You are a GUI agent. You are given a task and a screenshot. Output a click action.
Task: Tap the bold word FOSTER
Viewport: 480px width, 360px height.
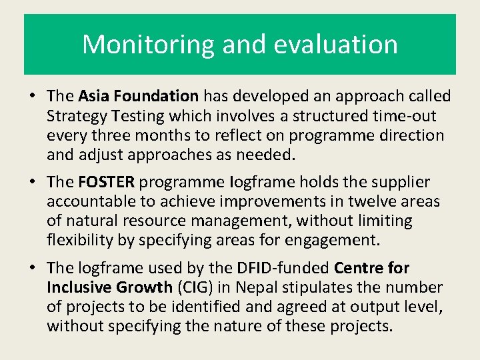click(x=107, y=182)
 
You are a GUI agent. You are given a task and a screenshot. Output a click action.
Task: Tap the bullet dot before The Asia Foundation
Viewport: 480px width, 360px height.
click(x=32, y=97)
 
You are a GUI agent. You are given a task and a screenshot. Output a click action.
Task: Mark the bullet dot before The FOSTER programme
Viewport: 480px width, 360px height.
click(x=32, y=182)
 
